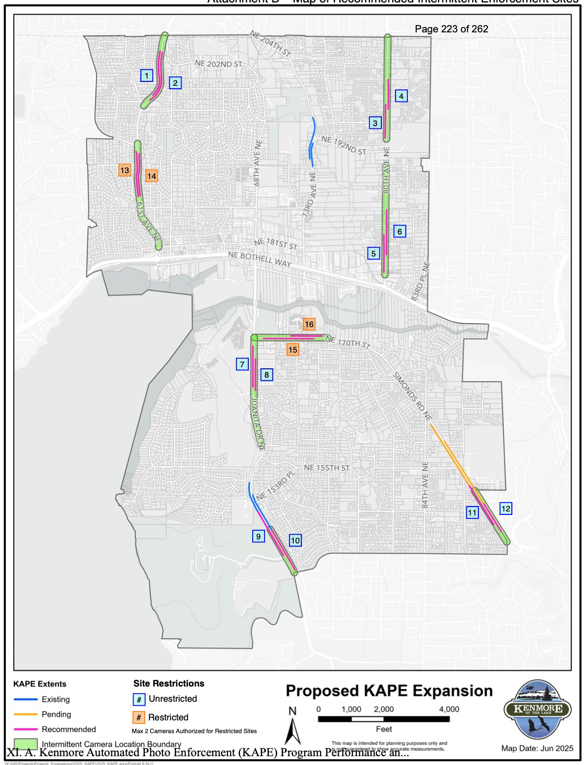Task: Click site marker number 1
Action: [147, 76]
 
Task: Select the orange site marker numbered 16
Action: [309, 324]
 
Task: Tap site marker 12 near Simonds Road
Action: [505, 509]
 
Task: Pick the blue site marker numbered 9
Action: [259, 536]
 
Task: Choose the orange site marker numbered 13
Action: [125, 170]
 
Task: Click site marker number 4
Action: [401, 96]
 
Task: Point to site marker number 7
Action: [242, 364]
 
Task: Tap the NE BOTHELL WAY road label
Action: [260, 259]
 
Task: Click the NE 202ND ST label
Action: [218, 64]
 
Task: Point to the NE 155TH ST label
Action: [326, 468]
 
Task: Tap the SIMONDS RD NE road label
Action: [412, 397]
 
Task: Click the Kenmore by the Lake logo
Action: [537, 709]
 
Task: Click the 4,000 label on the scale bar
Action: [449, 709]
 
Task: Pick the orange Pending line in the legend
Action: [26, 714]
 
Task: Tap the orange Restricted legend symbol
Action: [139, 717]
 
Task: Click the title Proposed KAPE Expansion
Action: [389, 691]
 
